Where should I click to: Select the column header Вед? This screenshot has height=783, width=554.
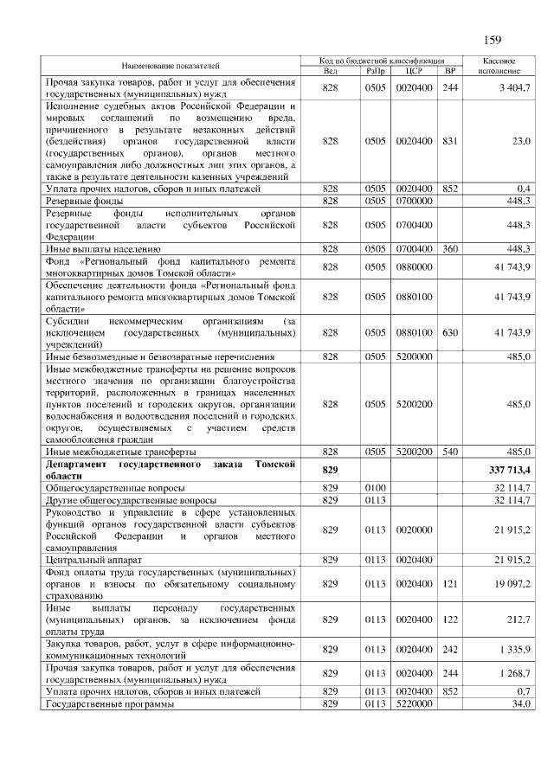329,70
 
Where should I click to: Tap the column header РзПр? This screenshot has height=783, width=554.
375,70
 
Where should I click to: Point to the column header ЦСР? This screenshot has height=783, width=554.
413,70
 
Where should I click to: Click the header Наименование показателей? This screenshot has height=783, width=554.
170,65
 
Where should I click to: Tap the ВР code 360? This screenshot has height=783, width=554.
449,249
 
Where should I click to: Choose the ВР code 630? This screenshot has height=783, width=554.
449,332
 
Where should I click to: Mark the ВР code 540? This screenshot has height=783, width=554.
449,452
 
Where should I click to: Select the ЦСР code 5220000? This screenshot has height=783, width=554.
413,705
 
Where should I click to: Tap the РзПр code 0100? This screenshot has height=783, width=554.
375,488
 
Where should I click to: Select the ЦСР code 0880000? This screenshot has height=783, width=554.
413,267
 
